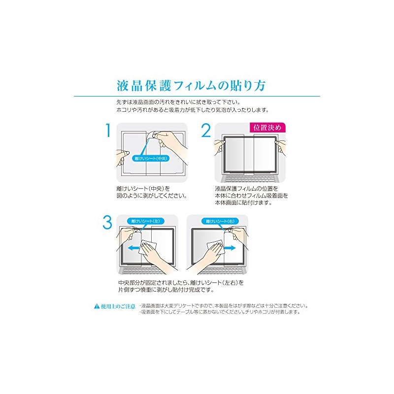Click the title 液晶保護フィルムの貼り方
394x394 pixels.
coord(192,85)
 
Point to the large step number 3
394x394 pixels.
coord(107,223)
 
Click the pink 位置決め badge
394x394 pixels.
coord(267,128)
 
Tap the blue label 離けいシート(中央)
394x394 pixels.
coord(152,159)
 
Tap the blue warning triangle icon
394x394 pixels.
coord(97,306)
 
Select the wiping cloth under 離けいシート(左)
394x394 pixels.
coord(147,249)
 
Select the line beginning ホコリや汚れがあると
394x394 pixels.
coord(192,109)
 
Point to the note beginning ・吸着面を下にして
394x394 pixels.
coord(220,312)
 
